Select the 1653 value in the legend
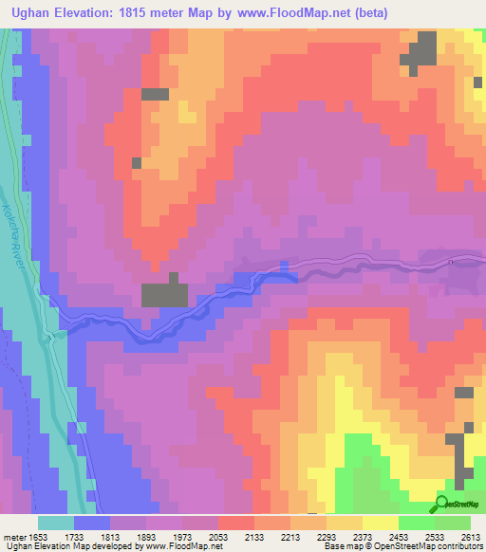(x=37, y=536)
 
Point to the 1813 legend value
(x=110, y=536)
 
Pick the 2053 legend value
(x=218, y=536)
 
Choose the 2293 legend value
(x=327, y=536)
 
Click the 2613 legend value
(x=471, y=536)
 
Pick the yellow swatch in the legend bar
(x=381, y=523)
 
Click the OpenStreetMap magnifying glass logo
(x=443, y=504)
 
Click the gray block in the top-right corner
(x=421, y=51)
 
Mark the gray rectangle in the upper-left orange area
(x=155, y=94)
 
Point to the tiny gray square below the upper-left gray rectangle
(x=137, y=163)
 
